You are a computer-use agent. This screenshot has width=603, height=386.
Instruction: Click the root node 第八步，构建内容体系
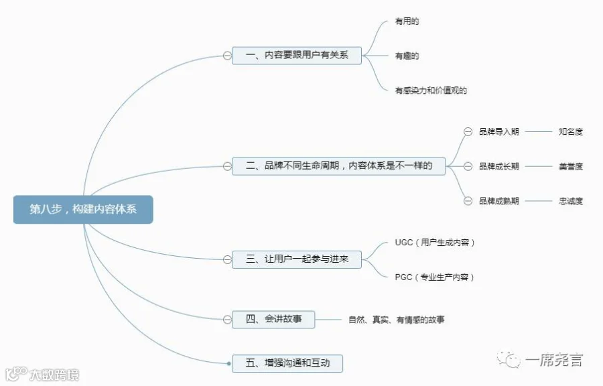[x=83, y=209]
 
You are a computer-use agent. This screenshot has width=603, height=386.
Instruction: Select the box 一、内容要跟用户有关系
[x=297, y=55]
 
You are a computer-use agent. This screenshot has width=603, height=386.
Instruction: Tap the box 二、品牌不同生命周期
[x=338, y=166]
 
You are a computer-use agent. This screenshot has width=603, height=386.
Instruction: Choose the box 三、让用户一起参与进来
[x=297, y=259]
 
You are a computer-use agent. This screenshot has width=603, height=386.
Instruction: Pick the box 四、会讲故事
[x=273, y=319]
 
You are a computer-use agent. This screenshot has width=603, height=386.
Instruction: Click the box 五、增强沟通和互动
[x=287, y=363]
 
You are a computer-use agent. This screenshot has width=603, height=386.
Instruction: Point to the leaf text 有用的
[x=407, y=21]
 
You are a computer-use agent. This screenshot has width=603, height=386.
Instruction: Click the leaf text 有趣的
[x=407, y=56]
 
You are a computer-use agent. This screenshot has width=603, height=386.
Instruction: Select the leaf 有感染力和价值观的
[x=430, y=90]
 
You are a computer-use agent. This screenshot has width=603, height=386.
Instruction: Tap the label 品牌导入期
[x=498, y=131]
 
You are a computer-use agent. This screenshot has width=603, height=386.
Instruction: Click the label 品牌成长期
[x=498, y=166]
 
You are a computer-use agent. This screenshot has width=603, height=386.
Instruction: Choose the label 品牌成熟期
[x=498, y=200]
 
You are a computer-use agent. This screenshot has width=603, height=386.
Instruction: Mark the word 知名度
[x=570, y=131]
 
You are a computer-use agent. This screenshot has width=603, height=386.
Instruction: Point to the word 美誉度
[x=570, y=166]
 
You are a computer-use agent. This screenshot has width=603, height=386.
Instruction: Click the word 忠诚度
[x=570, y=200]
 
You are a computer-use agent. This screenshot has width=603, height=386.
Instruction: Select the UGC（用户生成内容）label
[x=435, y=242]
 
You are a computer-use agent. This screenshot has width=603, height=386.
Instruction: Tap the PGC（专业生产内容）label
[x=434, y=277]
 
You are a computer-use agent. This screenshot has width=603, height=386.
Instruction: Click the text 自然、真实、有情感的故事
[x=396, y=320]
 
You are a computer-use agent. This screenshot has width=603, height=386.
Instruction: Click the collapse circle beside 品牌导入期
[x=468, y=131]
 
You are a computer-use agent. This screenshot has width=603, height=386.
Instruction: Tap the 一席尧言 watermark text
[x=553, y=361]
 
